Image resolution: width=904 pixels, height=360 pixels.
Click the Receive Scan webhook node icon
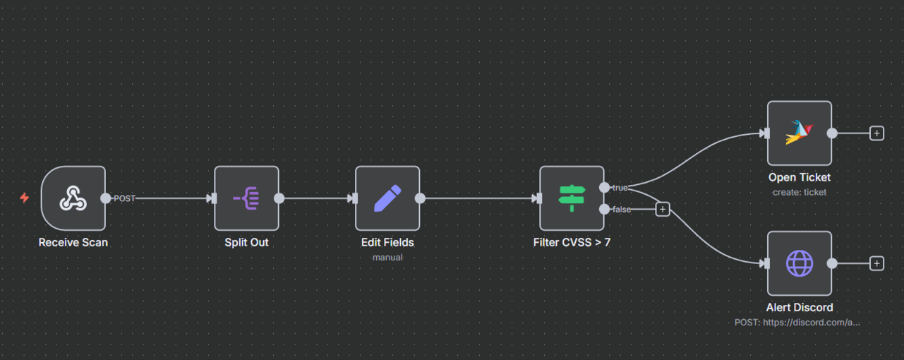[73, 198]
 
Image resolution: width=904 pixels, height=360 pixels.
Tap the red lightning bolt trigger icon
[24, 198]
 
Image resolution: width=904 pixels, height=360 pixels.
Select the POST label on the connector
[124, 198]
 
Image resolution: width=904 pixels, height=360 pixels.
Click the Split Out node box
[246, 198]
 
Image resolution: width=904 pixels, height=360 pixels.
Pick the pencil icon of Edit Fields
[387, 198]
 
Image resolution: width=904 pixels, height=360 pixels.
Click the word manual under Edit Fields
[387, 257]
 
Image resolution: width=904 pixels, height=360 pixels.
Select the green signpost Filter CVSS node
[572, 198]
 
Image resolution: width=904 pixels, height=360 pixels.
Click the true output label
[620, 188]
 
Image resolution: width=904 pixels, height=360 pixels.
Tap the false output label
[621, 209]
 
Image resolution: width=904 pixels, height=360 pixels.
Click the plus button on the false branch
[662, 209]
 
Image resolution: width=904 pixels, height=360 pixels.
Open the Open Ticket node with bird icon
[800, 133]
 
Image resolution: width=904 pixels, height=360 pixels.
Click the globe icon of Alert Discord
[800, 263]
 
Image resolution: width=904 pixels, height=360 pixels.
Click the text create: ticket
[800, 192]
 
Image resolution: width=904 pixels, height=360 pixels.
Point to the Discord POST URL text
[797, 322]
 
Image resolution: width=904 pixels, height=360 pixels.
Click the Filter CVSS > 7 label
[572, 242]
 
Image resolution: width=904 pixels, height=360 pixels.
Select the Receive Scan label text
[73, 242]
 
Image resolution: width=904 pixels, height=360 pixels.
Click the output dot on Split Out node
[279, 198]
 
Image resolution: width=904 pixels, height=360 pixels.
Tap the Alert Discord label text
[800, 307]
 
